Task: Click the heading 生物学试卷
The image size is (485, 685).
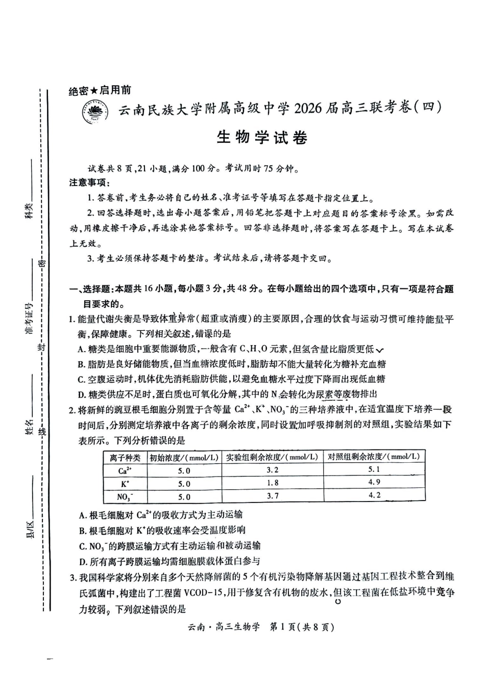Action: click(262, 138)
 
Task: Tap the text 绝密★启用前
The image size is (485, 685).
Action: click(100, 91)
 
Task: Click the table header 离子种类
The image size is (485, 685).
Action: click(125, 457)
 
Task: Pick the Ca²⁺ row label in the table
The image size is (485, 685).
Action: click(125, 470)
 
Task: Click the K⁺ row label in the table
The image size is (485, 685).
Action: click(125, 483)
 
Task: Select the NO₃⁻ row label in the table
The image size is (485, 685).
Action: click(125, 496)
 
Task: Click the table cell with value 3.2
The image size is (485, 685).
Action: click(273, 470)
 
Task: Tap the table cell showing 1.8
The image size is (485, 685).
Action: click(273, 483)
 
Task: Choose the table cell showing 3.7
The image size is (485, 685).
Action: click(273, 495)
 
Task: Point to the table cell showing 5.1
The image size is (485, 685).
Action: click(374, 469)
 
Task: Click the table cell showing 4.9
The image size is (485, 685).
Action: click(374, 482)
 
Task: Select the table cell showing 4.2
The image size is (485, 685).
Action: click(374, 495)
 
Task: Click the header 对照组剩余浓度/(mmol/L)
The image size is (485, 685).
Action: click(374, 457)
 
